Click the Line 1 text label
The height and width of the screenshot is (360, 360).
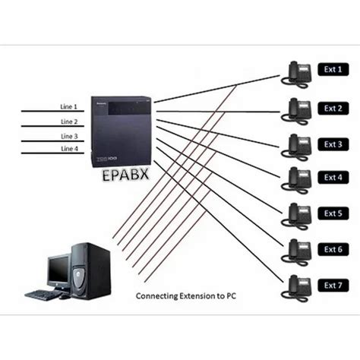69,106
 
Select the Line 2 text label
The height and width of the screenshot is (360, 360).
69,122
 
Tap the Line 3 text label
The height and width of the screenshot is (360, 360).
69,136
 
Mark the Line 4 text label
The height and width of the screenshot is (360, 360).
69,150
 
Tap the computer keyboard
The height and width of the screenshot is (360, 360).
46,295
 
